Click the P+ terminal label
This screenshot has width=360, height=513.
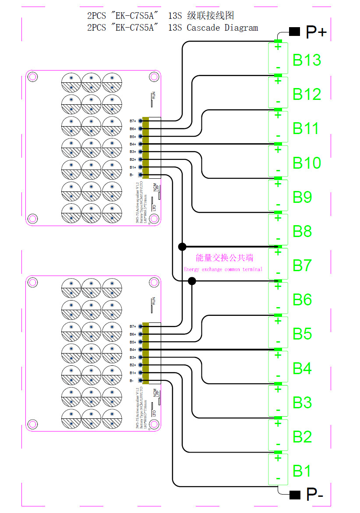[x=316, y=32]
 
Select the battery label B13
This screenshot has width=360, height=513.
[x=307, y=60]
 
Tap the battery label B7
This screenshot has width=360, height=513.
[x=302, y=265]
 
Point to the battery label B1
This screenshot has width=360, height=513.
[x=302, y=471]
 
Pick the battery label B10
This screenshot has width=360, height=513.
[x=307, y=163]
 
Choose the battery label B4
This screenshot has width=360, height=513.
[x=302, y=368]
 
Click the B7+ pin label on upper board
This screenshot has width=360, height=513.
[x=132, y=121]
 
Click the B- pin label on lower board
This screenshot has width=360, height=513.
[x=132, y=381]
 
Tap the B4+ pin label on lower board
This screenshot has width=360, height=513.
[x=132, y=350]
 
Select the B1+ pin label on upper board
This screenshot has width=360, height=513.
[x=132, y=167]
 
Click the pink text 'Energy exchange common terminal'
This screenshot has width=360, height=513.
[x=223, y=269]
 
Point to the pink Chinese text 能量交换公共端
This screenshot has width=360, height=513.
[x=225, y=258]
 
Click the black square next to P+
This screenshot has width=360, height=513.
[x=294, y=32]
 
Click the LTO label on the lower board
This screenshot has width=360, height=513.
[x=154, y=413]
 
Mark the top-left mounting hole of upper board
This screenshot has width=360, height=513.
[x=32, y=77]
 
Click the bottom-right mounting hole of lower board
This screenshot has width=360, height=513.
[x=153, y=424]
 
